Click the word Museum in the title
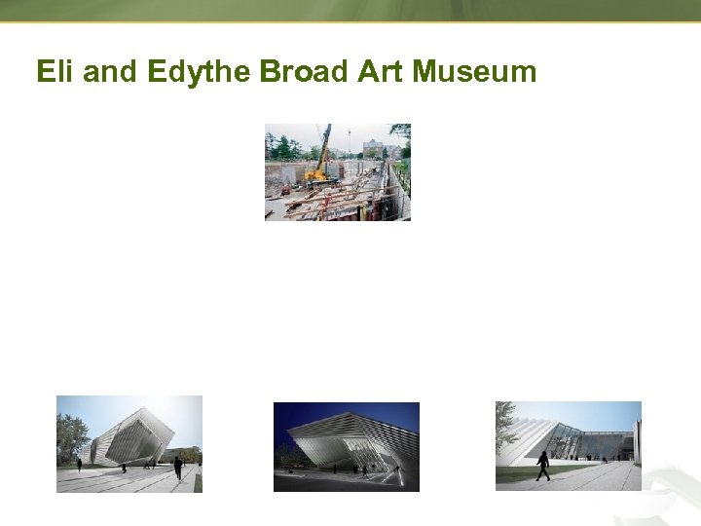(474, 72)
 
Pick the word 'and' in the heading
(109, 72)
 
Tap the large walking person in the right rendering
(542, 465)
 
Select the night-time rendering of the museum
(346, 446)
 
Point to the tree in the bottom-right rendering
(505, 424)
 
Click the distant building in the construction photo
(374, 147)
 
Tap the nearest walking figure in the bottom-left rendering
(177, 469)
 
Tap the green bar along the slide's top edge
(350, 10)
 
